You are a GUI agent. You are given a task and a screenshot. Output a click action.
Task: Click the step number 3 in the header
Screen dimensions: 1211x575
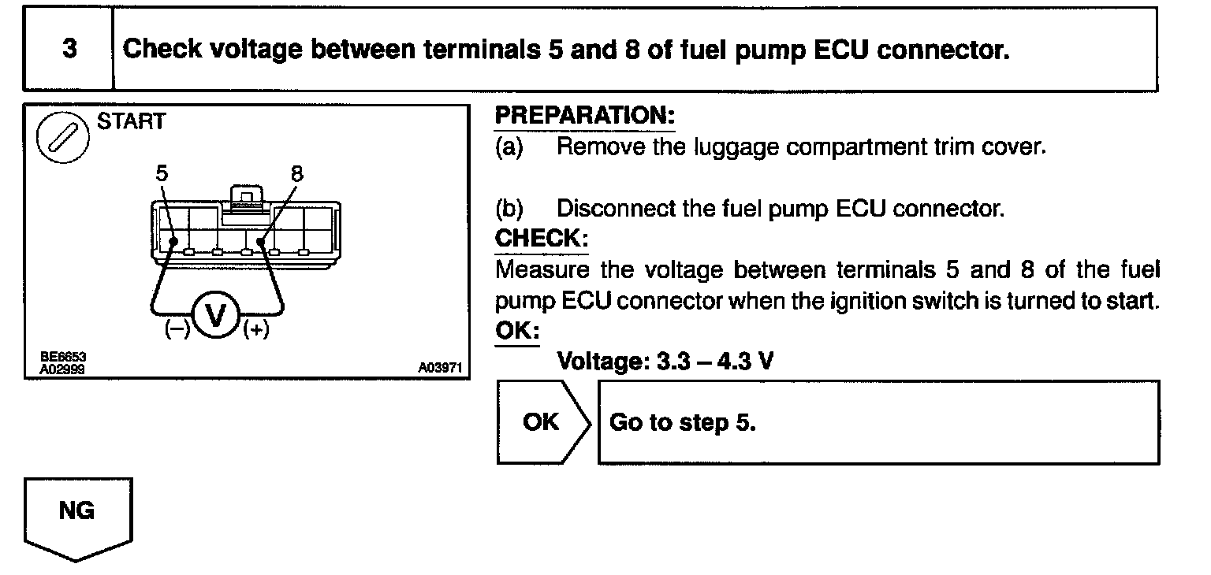tap(69, 49)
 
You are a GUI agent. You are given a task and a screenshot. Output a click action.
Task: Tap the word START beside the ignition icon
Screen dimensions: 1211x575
tap(131, 122)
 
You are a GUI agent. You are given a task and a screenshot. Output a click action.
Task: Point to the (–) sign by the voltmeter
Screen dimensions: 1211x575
tap(177, 330)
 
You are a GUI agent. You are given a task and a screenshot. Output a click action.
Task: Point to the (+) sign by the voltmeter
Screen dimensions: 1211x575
tap(255, 330)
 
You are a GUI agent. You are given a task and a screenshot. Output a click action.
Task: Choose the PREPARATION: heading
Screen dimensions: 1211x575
tap(584, 117)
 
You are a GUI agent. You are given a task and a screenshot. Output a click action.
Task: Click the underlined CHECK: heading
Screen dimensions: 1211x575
tap(541, 238)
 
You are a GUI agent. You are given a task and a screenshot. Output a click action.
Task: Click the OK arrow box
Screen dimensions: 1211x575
tap(542, 422)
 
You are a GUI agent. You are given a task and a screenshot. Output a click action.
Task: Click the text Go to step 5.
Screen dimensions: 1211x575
tap(683, 422)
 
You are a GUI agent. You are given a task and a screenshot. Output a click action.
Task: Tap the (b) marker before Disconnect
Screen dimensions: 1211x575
tap(509, 209)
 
